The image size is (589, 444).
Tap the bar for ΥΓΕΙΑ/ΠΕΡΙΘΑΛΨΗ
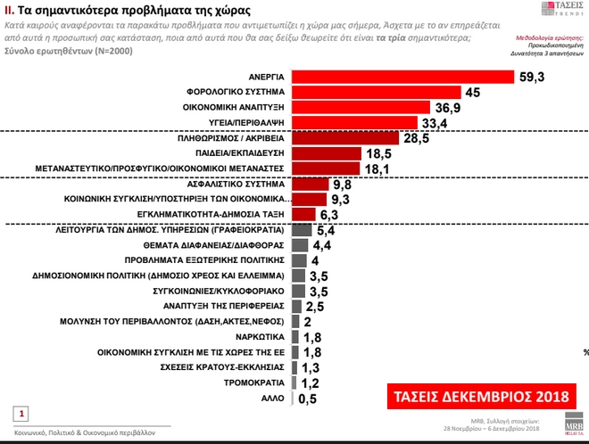[354, 122]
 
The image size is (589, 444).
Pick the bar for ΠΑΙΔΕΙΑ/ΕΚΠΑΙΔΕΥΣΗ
[326, 153]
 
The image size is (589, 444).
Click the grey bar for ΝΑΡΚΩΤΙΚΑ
[296, 337]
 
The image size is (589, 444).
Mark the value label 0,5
[308, 399]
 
